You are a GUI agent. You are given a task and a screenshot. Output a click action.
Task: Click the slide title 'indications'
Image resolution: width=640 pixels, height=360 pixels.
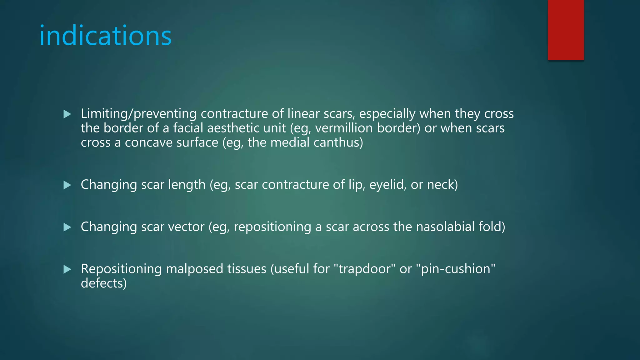coord(105,36)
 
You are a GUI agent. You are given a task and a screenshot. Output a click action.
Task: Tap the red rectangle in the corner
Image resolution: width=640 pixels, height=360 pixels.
coord(566,30)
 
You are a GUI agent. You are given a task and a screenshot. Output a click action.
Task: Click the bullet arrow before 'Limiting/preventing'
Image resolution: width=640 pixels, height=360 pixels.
coord(67,114)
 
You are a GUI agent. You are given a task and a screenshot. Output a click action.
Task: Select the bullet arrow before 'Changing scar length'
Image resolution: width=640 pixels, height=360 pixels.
coord(67,185)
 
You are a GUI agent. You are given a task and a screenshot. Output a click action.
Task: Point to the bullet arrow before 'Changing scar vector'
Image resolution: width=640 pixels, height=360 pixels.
coord(67,227)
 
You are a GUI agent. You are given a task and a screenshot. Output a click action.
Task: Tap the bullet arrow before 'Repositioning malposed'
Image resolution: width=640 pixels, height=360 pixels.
coord(67,269)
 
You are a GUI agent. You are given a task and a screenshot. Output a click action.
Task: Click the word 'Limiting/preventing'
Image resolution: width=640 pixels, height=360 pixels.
coord(138,114)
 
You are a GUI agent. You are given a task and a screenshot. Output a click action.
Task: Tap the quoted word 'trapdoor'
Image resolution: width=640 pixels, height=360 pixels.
coord(364,269)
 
